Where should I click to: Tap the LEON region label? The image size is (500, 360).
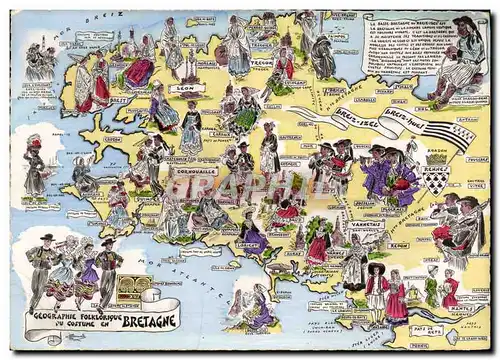coord(184,88)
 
